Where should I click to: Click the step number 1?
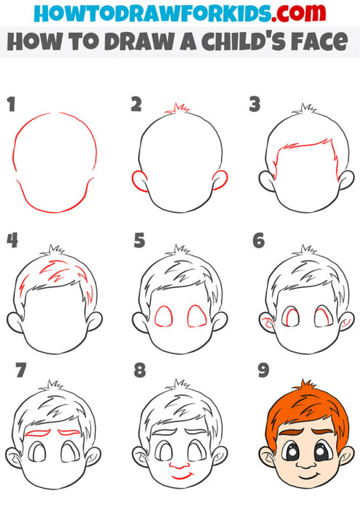point(12,104)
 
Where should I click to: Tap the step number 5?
point(140,240)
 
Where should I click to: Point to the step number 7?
point(20,371)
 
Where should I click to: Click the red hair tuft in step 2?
point(177,110)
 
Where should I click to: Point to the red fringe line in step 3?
point(301,150)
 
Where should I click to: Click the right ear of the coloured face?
point(344,458)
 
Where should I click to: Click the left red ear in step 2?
point(135,180)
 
